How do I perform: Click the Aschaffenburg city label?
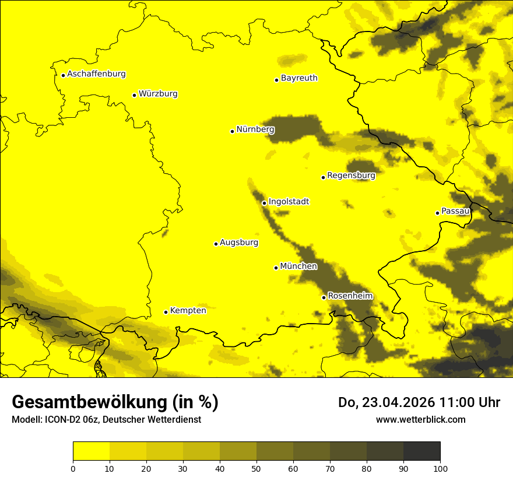(x=96, y=74)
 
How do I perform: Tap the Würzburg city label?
(x=158, y=94)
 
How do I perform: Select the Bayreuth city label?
(x=299, y=78)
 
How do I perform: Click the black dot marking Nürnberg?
(x=232, y=131)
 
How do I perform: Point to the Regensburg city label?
(x=351, y=176)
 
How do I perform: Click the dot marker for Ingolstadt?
(x=264, y=204)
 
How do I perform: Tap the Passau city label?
(x=455, y=211)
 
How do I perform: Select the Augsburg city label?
(x=238, y=243)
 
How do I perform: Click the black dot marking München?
(x=276, y=268)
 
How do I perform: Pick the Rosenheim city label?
(x=350, y=296)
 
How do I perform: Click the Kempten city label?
(x=188, y=311)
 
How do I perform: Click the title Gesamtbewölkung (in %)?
(x=115, y=402)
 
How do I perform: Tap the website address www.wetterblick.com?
(x=420, y=419)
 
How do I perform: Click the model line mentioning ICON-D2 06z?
(x=106, y=420)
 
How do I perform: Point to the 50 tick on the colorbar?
(x=256, y=468)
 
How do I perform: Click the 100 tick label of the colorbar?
(x=440, y=468)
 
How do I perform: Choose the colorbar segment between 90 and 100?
(x=421, y=451)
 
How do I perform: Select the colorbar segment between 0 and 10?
(x=91, y=451)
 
